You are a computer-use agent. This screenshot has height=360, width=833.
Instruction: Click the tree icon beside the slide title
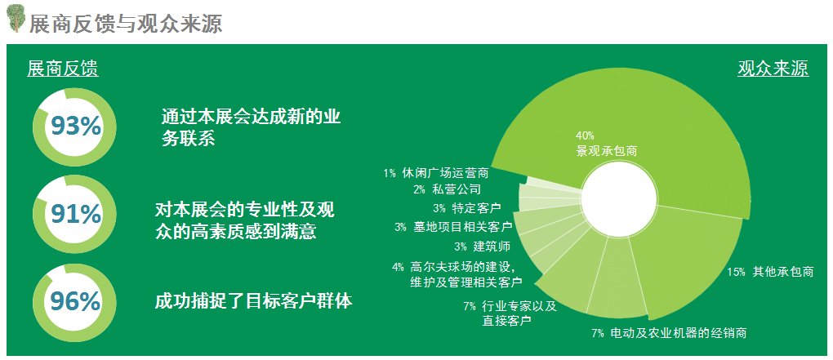(x=16, y=19)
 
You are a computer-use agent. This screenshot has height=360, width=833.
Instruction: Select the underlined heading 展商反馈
(x=63, y=69)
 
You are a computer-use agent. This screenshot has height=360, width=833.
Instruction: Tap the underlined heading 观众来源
(x=773, y=69)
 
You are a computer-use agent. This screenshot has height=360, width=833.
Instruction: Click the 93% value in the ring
(x=75, y=127)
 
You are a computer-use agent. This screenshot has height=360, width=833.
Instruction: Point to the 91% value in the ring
(x=75, y=214)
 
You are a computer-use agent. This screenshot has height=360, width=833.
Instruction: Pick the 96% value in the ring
(x=75, y=301)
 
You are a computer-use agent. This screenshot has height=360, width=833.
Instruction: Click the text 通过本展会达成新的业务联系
(x=251, y=128)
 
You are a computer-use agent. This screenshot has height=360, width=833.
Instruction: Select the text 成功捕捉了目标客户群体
(x=253, y=301)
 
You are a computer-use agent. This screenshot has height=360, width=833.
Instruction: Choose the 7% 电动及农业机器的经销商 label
(x=669, y=333)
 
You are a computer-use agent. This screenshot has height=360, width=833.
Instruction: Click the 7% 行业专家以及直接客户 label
(x=510, y=313)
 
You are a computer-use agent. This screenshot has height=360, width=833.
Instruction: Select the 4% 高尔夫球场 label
(x=458, y=274)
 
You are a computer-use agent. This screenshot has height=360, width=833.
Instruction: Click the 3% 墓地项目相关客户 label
(x=453, y=227)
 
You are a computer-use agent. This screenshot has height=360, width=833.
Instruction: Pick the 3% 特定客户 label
(x=467, y=207)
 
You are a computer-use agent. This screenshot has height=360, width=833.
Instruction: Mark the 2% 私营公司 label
(x=447, y=189)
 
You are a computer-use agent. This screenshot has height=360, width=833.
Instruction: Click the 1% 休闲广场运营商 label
(x=435, y=173)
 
